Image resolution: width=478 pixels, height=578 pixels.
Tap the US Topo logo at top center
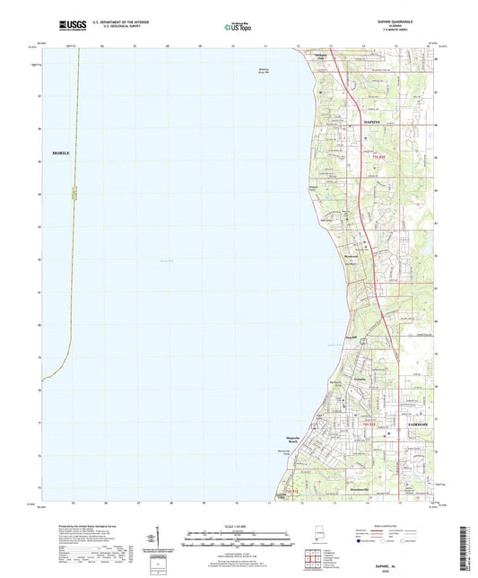(239, 27)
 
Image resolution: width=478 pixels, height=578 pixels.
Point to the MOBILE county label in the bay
(60, 153)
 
